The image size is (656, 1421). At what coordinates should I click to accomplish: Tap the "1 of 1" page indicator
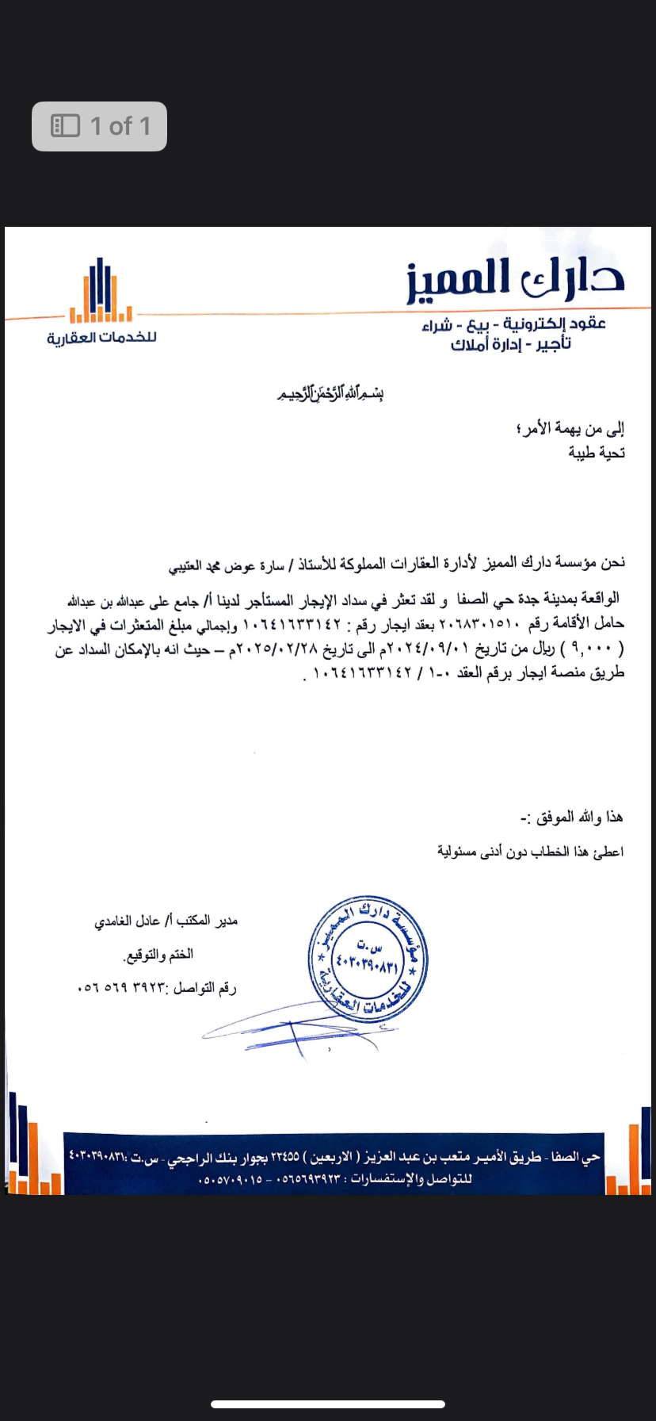(x=100, y=126)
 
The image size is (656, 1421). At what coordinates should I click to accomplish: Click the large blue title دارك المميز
(x=516, y=278)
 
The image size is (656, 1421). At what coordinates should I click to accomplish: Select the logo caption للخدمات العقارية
(x=101, y=338)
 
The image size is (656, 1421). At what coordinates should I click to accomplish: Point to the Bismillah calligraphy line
(x=330, y=393)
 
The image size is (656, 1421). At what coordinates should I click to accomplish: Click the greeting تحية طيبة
(x=596, y=453)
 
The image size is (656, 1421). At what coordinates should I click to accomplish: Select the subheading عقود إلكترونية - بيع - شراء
(x=513, y=324)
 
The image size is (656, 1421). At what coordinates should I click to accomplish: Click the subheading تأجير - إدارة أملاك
(x=510, y=344)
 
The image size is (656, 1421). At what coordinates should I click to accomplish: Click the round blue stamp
(x=368, y=960)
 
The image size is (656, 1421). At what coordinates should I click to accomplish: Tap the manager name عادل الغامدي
(x=127, y=921)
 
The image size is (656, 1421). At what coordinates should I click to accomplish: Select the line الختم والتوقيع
(x=158, y=955)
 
